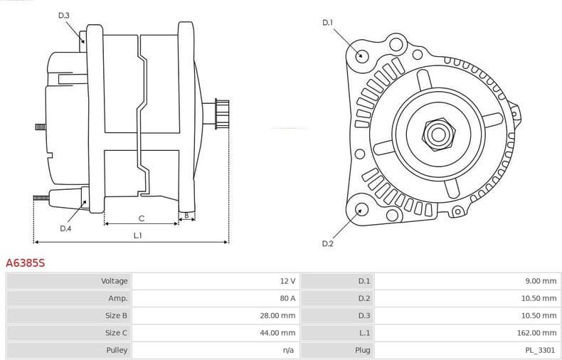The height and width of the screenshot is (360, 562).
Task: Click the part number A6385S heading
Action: click(25, 263)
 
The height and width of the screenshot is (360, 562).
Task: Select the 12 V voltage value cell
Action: click(287, 281)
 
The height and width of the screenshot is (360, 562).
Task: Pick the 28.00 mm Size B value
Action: click(278, 315)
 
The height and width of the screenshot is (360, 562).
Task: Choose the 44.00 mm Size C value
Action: click(278, 332)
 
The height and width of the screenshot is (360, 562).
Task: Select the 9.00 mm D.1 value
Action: click(541, 281)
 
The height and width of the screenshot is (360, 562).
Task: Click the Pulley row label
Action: click(117, 349)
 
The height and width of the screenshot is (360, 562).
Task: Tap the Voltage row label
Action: click(115, 281)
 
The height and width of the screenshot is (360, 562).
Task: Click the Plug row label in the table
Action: click(362, 349)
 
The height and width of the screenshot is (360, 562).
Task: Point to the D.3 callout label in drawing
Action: click(64, 15)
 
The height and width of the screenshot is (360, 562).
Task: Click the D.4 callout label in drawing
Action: click(65, 228)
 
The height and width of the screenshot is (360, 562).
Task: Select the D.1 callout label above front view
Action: click(327, 23)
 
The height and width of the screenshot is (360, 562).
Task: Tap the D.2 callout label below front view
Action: click(327, 244)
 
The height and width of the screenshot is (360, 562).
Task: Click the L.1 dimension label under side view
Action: click(138, 235)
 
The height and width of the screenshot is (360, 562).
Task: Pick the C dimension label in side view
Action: click(142, 218)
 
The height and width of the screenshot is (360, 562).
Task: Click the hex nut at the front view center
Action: click(436, 133)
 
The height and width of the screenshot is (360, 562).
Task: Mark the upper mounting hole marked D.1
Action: click(361, 55)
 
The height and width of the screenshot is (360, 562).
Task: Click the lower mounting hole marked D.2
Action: click(361, 208)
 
